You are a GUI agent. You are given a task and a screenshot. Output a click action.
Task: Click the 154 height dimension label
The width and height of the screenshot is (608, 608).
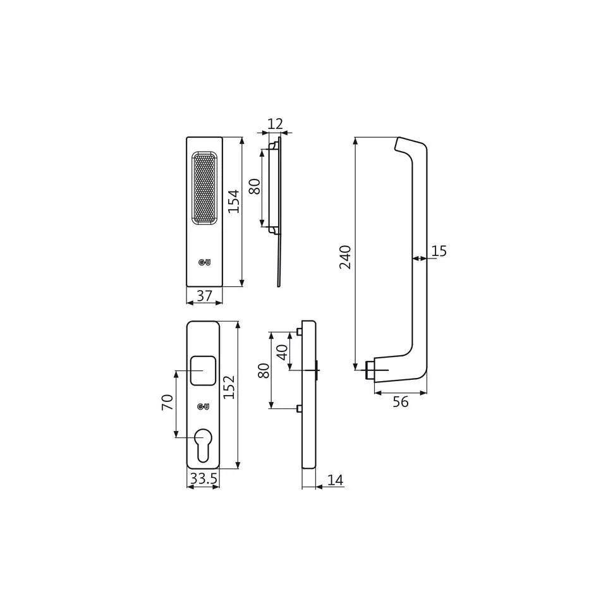[233, 201]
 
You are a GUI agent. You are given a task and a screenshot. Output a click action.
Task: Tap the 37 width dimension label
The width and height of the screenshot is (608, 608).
[204, 296]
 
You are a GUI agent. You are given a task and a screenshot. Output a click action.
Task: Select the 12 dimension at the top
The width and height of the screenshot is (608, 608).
[276, 124]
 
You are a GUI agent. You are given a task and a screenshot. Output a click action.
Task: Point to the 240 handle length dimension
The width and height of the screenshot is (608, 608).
[345, 257]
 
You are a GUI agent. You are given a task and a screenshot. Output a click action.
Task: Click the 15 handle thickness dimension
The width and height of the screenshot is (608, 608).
[439, 252]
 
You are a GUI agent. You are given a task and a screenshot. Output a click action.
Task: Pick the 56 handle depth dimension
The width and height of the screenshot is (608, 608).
[401, 402]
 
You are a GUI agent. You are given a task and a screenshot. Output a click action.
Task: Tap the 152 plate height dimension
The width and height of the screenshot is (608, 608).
[229, 387]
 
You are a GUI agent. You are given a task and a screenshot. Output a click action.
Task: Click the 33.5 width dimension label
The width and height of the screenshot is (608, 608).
[204, 479]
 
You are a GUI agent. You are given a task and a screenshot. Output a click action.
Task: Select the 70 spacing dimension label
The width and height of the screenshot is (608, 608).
[167, 403]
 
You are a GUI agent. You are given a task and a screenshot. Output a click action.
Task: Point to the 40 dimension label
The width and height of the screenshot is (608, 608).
[283, 352]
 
